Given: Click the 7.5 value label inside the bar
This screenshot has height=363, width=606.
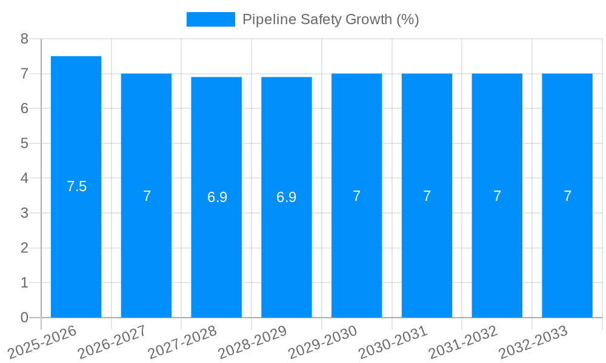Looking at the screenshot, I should (77, 186).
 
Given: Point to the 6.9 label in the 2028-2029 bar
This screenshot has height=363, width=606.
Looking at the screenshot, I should (287, 197).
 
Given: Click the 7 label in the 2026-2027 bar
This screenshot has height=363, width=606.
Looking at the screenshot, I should (147, 196).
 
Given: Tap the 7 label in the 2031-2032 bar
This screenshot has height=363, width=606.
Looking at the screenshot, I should (497, 196).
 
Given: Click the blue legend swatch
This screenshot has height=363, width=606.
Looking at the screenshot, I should (210, 19).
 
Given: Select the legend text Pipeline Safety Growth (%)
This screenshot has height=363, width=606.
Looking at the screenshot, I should (330, 19).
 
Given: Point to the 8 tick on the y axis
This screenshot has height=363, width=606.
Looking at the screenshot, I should (24, 39).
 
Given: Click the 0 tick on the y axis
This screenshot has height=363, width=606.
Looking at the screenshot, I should (24, 318).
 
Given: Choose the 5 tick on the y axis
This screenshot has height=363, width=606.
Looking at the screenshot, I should (24, 143).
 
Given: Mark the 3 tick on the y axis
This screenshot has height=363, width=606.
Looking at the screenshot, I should (24, 213).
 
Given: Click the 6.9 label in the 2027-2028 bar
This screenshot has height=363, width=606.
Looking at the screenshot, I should (217, 197).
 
